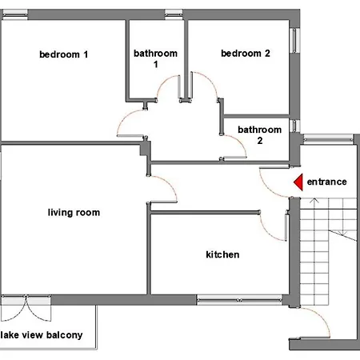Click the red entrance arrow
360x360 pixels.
(x=299, y=182)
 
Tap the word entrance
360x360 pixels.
(x=326, y=182)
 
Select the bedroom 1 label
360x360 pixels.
(x=63, y=54)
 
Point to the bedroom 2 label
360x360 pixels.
(x=246, y=54)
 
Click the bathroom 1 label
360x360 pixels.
(x=155, y=58)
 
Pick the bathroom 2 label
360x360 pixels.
(x=260, y=135)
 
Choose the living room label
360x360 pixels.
(x=74, y=213)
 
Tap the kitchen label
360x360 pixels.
(x=222, y=254)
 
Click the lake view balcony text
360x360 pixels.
(x=42, y=335)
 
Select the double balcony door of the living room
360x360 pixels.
(x=26, y=308)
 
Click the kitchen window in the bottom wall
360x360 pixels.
(x=239, y=300)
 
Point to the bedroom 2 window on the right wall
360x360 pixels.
(x=294, y=40)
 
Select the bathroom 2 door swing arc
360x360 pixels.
(x=239, y=142)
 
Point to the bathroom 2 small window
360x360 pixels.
(x=294, y=126)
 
